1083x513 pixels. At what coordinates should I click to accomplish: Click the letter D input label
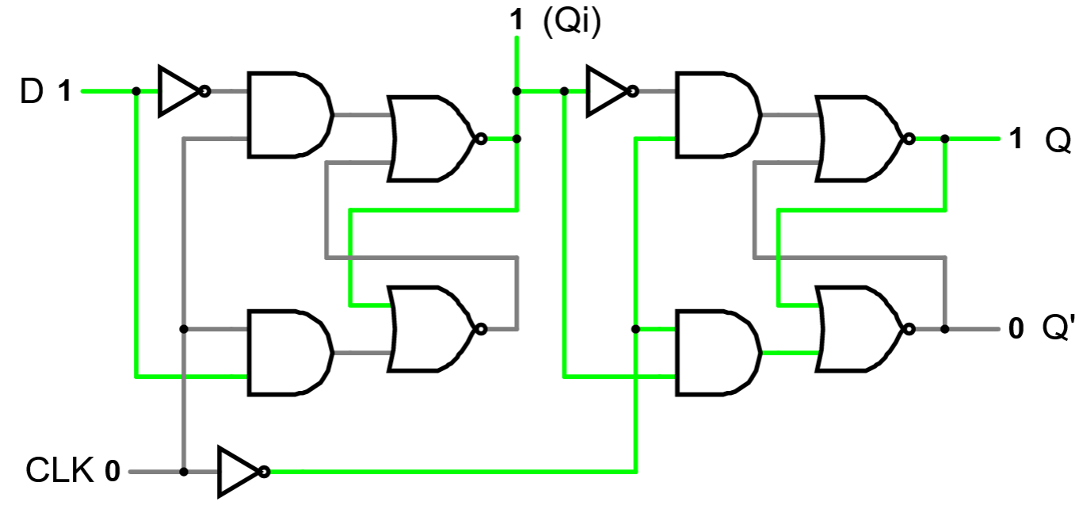pyautogui.click(x=31, y=92)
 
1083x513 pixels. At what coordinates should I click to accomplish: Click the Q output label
pyautogui.click(x=1058, y=140)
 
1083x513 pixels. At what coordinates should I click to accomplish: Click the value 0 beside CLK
pyautogui.click(x=112, y=473)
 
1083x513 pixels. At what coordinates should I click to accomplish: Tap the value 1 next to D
pyautogui.click(x=64, y=93)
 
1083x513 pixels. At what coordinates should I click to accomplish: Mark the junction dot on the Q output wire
pyautogui.click(x=945, y=139)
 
